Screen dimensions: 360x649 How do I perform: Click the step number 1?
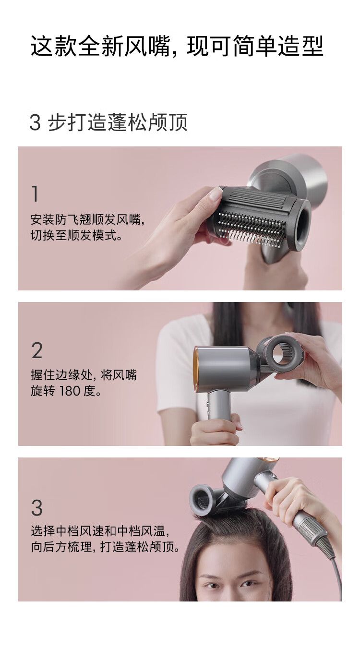35,194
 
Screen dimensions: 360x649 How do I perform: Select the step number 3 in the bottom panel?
37,507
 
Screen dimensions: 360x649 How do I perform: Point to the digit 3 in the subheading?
35,122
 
